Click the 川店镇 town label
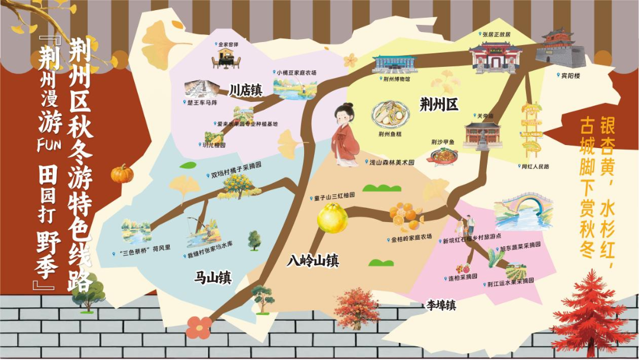(246, 91)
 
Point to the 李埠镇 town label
(441, 306)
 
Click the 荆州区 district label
(438, 105)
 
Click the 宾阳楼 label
(571, 75)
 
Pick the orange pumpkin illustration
(122, 173)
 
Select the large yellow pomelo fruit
(332, 218)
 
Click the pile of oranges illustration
(406, 216)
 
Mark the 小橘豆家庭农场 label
(297, 73)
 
